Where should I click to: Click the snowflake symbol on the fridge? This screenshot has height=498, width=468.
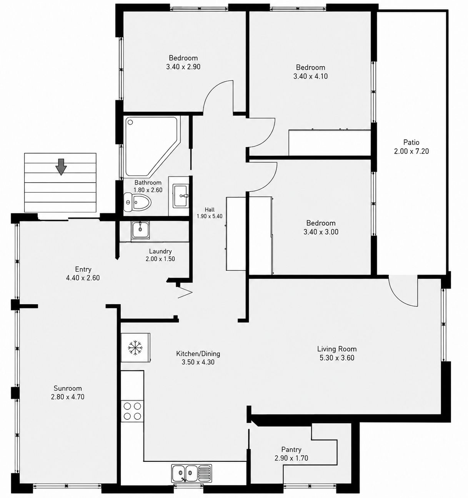(135, 348)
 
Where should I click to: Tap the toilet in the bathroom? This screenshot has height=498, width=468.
(137, 201)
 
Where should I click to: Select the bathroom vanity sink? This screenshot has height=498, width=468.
(181, 196)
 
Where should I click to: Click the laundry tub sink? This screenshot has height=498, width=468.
(140, 230)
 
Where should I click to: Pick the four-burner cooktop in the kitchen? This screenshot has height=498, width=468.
(132, 411)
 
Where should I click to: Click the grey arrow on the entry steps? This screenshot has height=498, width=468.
(61, 166)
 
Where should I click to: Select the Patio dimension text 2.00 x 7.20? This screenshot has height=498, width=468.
(411, 151)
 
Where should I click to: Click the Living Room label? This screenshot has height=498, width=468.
(337, 349)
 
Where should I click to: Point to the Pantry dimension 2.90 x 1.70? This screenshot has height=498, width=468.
(291, 458)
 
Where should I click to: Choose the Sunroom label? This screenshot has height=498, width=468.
(68, 388)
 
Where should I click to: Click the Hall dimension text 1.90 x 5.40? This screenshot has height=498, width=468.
(210, 216)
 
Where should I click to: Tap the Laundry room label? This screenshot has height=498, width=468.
(160, 251)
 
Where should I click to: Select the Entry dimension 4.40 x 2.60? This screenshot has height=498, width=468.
(83, 278)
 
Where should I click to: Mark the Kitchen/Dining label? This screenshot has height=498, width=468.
(198, 354)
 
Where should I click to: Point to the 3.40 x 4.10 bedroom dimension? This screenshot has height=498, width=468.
(310, 76)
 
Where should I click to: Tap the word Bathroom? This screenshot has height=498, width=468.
(148, 182)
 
